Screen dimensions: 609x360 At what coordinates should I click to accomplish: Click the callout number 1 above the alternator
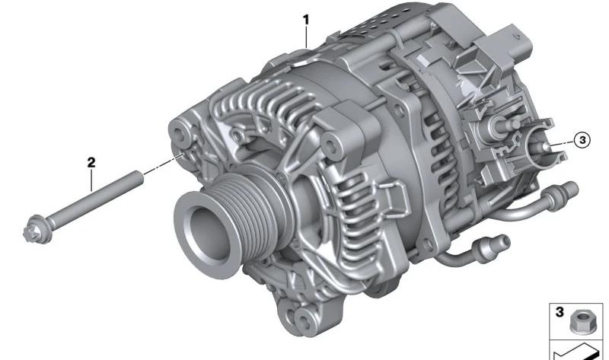tap(306, 20)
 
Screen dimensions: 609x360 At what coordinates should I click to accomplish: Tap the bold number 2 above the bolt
tap(91, 162)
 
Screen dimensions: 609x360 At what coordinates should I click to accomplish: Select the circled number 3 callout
tap(582, 139)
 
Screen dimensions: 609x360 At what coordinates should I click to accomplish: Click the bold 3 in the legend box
tap(560, 312)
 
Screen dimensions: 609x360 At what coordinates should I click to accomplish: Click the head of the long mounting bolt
tap(36, 230)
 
